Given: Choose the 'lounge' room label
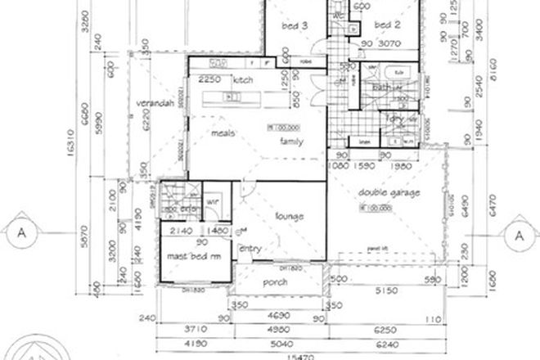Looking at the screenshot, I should pyautogui.click(x=289, y=216).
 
